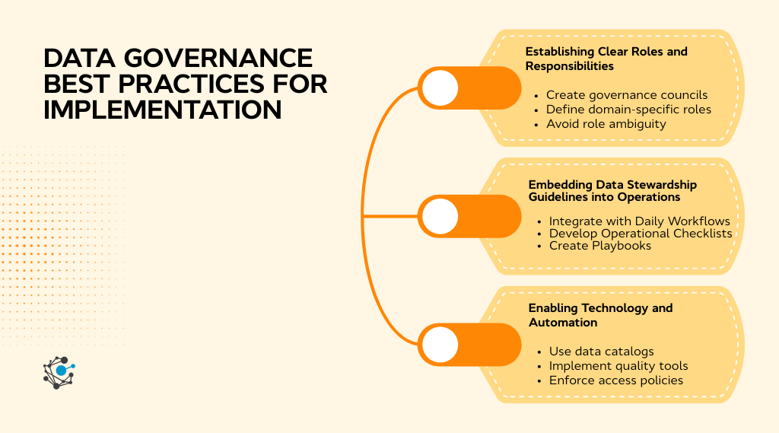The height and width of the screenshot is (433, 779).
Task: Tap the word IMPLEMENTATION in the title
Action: (x=163, y=109)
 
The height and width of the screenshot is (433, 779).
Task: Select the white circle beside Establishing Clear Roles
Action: (x=440, y=88)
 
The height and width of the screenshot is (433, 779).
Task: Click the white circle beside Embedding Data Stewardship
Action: (x=440, y=216)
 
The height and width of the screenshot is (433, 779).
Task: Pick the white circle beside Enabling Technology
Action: (x=440, y=345)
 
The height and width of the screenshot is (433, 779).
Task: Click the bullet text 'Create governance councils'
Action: (x=627, y=95)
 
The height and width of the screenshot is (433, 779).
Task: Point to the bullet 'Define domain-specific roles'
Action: (x=628, y=109)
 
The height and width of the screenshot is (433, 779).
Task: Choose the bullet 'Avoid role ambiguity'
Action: (x=606, y=123)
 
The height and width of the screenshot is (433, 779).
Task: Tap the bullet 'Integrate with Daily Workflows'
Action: (x=639, y=221)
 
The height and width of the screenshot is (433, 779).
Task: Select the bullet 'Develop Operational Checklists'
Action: (x=641, y=233)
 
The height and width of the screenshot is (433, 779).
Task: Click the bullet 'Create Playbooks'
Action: (x=600, y=245)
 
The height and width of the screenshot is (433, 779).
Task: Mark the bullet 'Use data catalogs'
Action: (x=601, y=352)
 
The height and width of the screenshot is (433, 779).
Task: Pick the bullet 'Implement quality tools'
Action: (x=618, y=366)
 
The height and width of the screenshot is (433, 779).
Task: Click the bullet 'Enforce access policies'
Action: (x=616, y=380)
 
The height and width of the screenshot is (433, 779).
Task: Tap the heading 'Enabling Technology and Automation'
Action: (x=600, y=315)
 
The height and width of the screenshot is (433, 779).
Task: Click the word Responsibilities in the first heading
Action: (x=569, y=65)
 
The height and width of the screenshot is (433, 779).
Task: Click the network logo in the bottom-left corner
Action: (x=59, y=372)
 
